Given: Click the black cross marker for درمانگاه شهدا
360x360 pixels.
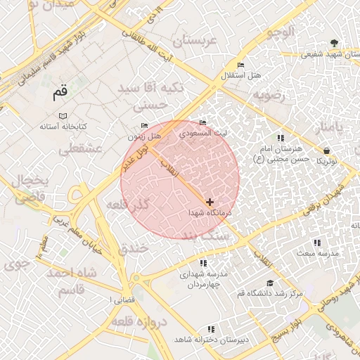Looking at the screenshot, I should pyautogui.click(x=210, y=202).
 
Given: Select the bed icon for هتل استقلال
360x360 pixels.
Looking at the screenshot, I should pyautogui.click(x=241, y=65).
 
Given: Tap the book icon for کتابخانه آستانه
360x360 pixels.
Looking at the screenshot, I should pyautogui.click(x=63, y=115).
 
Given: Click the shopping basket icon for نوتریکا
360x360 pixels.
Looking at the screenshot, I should pyautogui.click(x=326, y=150).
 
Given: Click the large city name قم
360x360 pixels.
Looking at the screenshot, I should pyautogui.click(x=61, y=91).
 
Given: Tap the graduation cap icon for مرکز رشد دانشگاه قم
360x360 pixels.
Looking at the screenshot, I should pyautogui.click(x=269, y=283).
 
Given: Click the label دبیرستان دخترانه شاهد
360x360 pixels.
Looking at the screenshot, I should pyautogui.click(x=211, y=340).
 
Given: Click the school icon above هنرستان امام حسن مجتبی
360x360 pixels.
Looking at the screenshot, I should pyautogui.click(x=281, y=138).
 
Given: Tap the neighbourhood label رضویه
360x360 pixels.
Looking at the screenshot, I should pyautogui.click(x=271, y=94).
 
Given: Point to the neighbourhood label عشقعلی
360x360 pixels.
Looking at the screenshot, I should pyautogui.click(x=81, y=148).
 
